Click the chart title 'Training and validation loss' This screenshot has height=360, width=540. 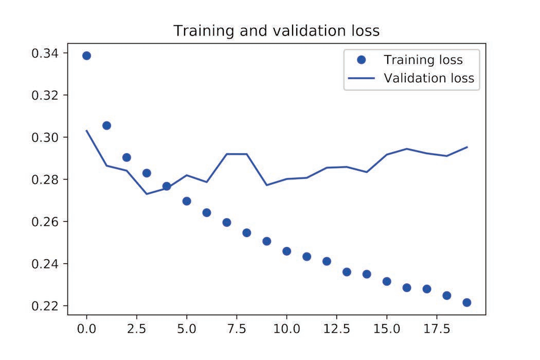[276, 31]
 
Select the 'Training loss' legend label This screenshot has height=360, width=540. [423, 60]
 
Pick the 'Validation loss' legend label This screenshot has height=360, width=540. [428, 79]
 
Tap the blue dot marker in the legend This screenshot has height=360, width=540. [361, 60]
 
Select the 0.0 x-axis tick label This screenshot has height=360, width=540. [86, 328]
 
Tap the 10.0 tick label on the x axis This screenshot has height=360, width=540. [286, 328]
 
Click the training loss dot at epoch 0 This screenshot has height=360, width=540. [86, 56]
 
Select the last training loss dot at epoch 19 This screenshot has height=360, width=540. [466, 302]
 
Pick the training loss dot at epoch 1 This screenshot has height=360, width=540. [106, 125]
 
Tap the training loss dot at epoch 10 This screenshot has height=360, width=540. [286, 251]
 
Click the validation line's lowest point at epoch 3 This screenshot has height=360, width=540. [147, 194]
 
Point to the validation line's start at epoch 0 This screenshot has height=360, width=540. [86, 131]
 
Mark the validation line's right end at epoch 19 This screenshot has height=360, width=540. [466, 147]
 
